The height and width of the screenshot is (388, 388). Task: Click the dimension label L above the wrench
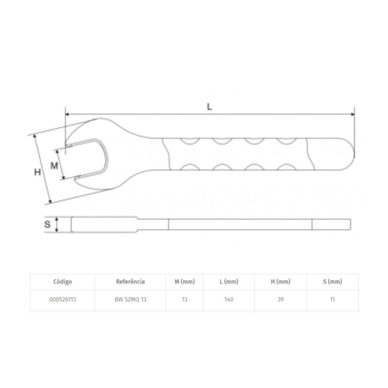tap(210, 106)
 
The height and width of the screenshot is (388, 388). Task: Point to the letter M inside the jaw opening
tap(54, 165)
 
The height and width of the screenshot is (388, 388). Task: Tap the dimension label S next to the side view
tap(47, 225)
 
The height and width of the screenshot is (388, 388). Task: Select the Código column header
tap(62, 281)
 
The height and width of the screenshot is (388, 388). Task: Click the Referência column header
tap(130, 281)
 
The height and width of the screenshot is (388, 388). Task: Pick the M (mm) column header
tap(185, 281)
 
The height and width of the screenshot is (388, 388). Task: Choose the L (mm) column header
tap(229, 281)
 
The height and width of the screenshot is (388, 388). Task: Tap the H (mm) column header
tap(281, 281)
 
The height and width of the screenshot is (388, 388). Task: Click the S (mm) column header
tap(332, 281)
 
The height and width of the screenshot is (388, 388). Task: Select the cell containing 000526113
tap(62, 300)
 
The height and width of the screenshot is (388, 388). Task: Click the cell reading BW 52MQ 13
tap(130, 300)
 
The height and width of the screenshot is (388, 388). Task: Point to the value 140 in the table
tap(229, 300)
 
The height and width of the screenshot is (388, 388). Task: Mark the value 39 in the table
tap(281, 300)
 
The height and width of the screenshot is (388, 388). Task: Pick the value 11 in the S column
tap(332, 300)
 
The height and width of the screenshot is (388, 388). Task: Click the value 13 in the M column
tap(185, 300)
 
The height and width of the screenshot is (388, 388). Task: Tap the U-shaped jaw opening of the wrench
tap(90, 158)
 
